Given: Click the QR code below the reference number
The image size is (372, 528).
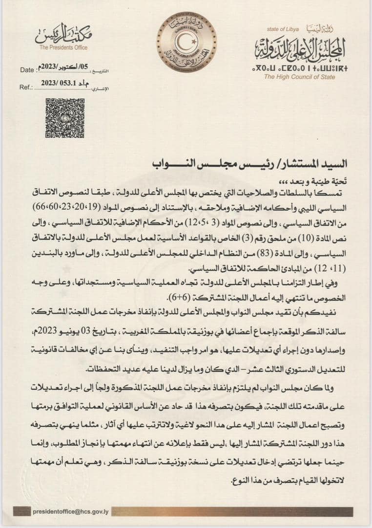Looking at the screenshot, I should (x=65, y=118).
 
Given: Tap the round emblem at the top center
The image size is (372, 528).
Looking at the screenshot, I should (x=186, y=43).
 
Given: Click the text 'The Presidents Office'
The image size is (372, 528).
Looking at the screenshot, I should (x=63, y=47).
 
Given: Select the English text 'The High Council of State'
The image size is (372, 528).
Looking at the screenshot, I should (x=299, y=77).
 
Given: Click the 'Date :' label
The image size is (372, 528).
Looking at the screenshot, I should (x=27, y=70).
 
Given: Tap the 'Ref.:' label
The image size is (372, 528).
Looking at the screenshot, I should (x=26, y=87).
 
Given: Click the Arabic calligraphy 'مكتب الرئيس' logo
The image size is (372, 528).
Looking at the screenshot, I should (x=64, y=34).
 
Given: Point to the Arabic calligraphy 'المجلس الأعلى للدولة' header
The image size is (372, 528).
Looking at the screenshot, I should (x=300, y=48).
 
